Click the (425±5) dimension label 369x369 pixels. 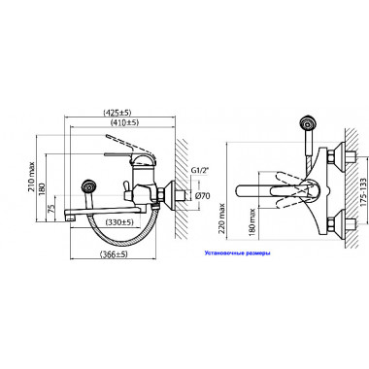tap(117, 113)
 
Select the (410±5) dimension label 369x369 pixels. tap(125, 122)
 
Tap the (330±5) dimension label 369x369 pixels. tap(119, 222)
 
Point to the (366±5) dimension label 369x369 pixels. tap(114, 254)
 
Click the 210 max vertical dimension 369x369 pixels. tap(31, 177)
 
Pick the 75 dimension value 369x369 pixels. tap(51, 208)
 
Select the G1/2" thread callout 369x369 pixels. tap(199, 170)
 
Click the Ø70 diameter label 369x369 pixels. tap(204, 195)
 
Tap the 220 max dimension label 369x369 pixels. tap(221, 219)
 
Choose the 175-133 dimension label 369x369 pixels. tap(363, 192)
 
